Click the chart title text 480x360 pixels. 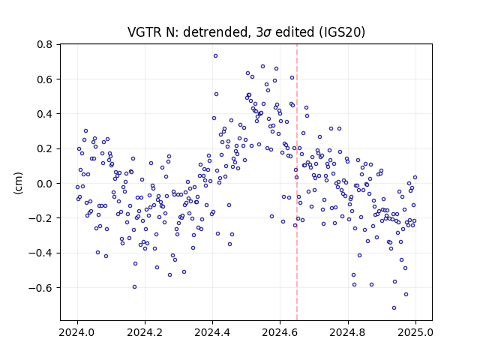coord(246,32)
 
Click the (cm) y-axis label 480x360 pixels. coord(18,183)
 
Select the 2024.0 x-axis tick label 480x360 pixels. coord(77,332)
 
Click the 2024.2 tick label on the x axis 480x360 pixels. coord(145,332)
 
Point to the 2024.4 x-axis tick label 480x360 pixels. coord(212,332)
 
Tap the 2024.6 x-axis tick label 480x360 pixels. coord(280,332)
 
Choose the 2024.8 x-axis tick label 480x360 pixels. coord(348,332)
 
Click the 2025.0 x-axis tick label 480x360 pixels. coord(415,332)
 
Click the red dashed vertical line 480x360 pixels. coord(297,182)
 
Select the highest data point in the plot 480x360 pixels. coord(215,56)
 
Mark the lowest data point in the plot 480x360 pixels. coord(394,308)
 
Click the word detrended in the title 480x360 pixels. coord(215,32)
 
